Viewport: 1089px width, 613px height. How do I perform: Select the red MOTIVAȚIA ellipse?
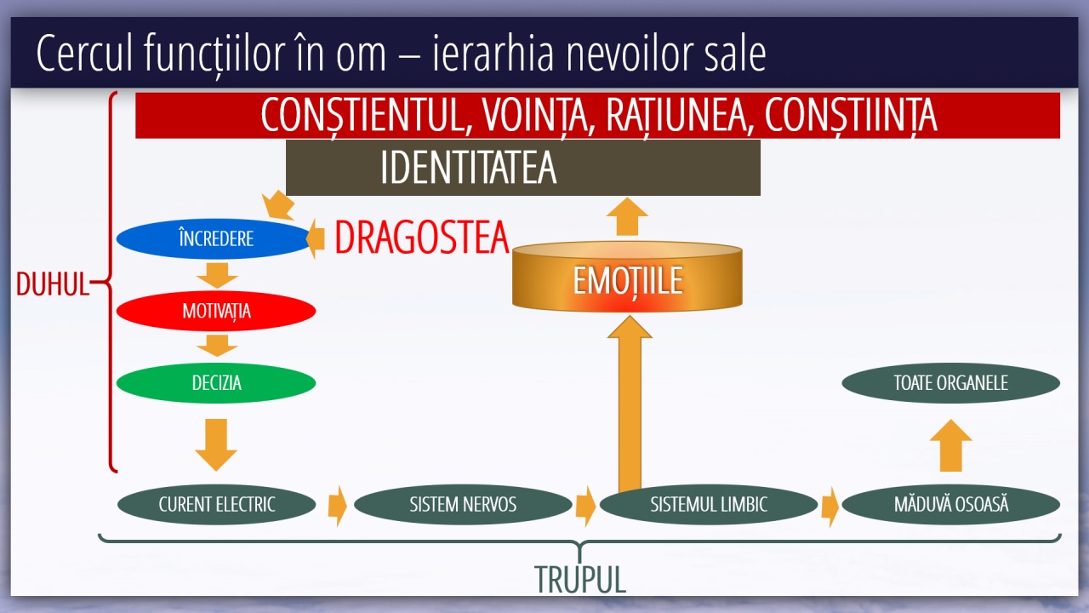pos(216,311)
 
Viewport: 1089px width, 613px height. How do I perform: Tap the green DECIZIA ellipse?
pos(216,383)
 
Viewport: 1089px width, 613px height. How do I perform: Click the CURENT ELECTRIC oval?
pos(216,505)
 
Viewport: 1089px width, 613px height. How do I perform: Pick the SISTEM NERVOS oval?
pos(463,505)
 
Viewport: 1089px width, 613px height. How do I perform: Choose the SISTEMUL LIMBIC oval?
pos(709,505)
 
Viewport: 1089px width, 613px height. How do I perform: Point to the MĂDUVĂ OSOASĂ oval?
pos(951,505)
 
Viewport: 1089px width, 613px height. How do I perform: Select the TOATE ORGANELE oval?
pos(951,383)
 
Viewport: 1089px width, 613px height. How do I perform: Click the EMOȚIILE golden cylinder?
pos(627,277)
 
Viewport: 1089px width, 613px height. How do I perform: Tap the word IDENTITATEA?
pos(468,168)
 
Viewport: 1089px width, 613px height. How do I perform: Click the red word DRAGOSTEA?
pos(422,238)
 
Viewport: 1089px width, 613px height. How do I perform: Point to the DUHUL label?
pos(53,284)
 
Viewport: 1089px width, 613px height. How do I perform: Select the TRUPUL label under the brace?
pos(580,579)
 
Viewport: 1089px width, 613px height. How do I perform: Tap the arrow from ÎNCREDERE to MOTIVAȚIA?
pos(217,275)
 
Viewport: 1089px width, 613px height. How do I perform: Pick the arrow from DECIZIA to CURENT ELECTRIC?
pos(216,444)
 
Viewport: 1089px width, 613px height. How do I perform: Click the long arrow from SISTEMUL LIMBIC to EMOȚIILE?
pos(630,403)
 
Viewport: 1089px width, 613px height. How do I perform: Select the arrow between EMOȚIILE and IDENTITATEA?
pos(628,216)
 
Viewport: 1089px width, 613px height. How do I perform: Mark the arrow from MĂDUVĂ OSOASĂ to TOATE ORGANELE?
pos(950,445)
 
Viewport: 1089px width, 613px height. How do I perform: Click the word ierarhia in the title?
pos(493,53)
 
